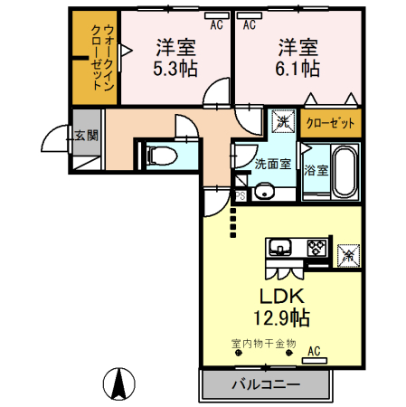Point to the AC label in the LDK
[x=314, y=351]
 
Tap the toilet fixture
[x=163, y=154]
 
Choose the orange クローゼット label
[x=330, y=123]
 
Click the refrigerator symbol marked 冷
[x=346, y=255]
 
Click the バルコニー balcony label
[x=264, y=383]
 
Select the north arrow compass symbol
[x=118, y=383]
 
